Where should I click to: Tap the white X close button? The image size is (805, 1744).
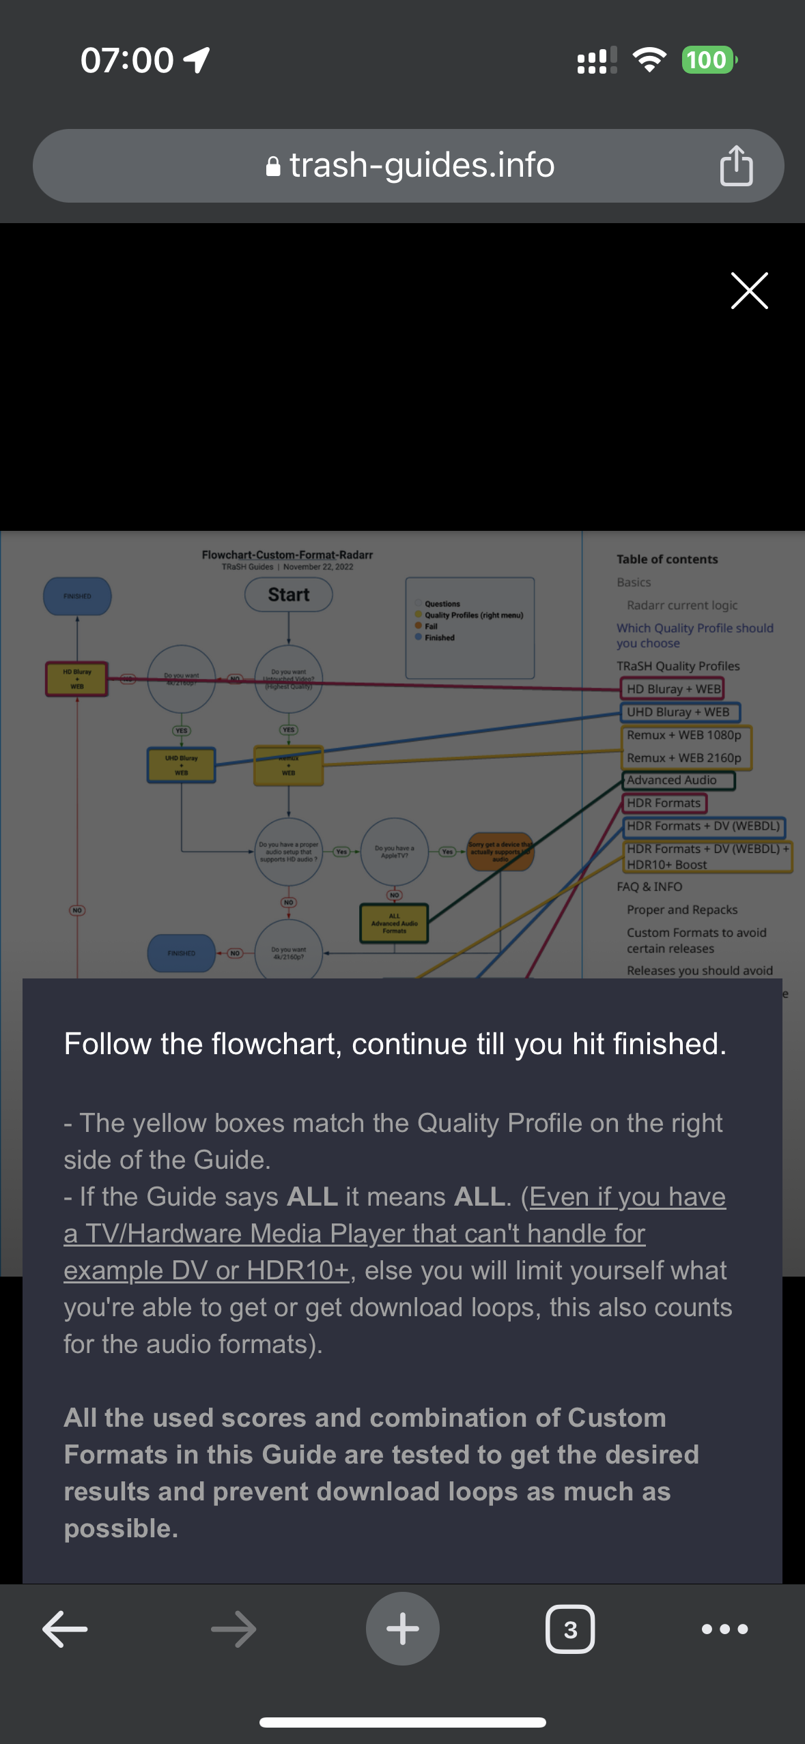point(749,291)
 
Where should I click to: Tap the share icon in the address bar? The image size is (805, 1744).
point(736,166)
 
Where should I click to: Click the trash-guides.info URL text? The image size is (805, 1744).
point(421,166)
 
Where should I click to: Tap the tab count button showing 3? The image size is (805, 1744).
point(570,1629)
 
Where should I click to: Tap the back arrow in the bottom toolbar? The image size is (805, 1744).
point(65,1629)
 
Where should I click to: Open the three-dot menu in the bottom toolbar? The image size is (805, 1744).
point(724,1629)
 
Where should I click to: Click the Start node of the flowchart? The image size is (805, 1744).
point(288,595)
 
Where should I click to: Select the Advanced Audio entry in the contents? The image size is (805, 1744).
point(672,780)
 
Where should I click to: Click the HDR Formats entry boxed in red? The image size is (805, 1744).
point(664,803)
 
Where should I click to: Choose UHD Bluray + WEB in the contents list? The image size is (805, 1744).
point(678,712)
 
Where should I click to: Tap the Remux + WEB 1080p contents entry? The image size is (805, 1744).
point(683,735)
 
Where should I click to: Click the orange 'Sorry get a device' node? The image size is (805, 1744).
point(500,851)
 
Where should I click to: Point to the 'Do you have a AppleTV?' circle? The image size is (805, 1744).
point(394,852)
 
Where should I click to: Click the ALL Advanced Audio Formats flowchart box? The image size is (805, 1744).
point(394,923)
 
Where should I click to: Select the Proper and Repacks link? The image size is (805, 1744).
point(682,910)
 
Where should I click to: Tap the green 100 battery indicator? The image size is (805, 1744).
point(707,60)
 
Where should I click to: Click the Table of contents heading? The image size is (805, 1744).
point(667,559)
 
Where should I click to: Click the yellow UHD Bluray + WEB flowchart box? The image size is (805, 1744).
point(181,765)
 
